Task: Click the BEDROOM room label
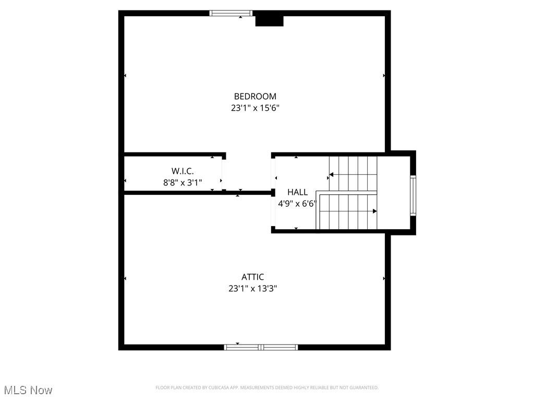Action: (x=255, y=96)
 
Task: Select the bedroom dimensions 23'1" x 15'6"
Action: (x=255, y=108)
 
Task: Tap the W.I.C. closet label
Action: (x=183, y=171)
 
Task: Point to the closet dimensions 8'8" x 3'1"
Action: (x=183, y=183)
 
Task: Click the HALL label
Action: (x=297, y=192)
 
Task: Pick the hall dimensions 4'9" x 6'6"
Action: (x=297, y=204)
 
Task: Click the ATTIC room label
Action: (x=252, y=277)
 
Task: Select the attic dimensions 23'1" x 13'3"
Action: (x=252, y=288)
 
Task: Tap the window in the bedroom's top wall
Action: (x=231, y=13)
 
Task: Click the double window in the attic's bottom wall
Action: (x=261, y=347)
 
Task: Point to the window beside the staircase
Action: (x=413, y=196)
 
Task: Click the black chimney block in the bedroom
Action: (x=269, y=20)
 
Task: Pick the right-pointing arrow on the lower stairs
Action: (x=374, y=211)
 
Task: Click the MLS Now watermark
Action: (x=28, y=390)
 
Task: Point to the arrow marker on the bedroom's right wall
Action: (x=384, y=76)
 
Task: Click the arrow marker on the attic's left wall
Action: (x=125, y=279)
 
